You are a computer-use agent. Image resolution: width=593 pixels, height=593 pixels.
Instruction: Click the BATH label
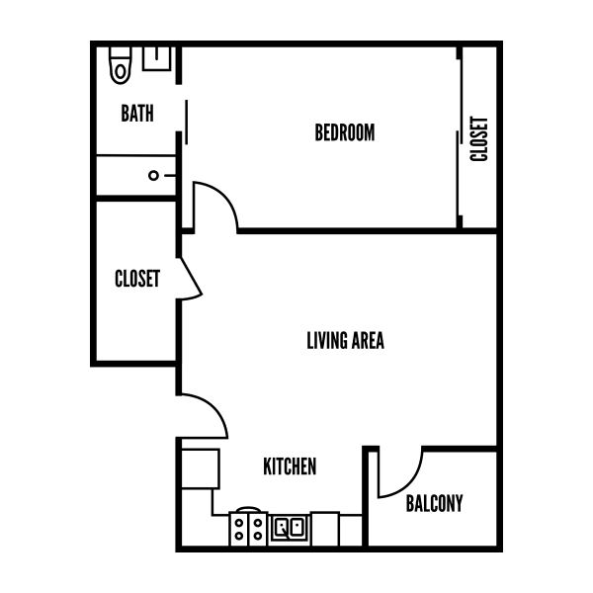click(137, 114)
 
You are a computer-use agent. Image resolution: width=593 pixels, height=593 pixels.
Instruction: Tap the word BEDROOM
click(345, 132)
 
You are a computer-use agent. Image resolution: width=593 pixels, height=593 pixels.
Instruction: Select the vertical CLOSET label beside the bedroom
click(479, 139)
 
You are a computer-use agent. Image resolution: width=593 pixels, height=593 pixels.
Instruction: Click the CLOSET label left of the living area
click(137, 279)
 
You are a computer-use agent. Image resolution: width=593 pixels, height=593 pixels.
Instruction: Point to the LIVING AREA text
click(345, 341)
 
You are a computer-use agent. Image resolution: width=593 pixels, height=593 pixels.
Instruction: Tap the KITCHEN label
click(291, 466)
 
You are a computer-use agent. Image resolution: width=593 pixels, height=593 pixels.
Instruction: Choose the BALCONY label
click(434, 503)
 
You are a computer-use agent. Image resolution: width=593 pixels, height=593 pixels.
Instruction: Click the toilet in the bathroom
click(121, 65)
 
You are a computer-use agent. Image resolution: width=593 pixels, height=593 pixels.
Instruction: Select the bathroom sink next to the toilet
click(156, 57)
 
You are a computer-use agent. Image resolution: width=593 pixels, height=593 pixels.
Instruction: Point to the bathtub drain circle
click(154, 176)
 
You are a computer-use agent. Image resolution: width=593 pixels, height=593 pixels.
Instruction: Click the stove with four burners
click(247, 528)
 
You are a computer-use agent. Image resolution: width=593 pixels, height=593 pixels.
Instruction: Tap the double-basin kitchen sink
click(289, 528)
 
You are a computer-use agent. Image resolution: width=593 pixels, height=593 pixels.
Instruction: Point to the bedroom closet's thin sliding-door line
click(459, 137)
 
